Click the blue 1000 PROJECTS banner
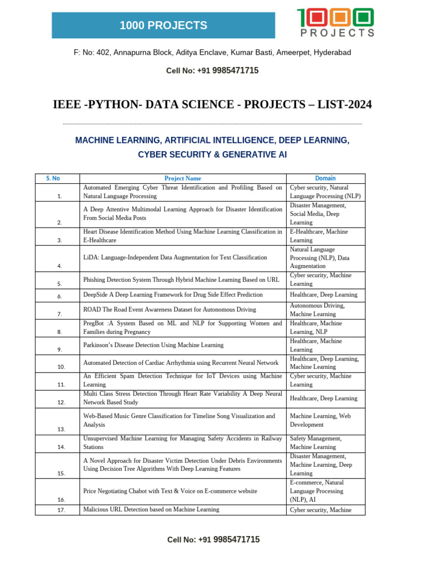point(163,25)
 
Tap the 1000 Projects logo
point(335,22)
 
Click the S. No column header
point(53,178)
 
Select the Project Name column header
point(183,178)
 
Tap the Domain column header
point(325,178)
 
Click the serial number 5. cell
point(59,284)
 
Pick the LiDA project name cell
point(175,257)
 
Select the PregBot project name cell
point(183,327)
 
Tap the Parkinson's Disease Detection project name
point(153,345)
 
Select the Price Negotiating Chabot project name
point(170,491)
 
